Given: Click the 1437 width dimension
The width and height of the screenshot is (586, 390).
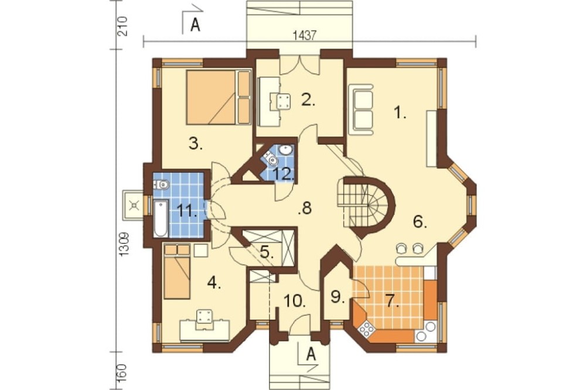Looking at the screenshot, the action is point(305,36).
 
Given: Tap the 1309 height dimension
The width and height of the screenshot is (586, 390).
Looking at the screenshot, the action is point(124,244).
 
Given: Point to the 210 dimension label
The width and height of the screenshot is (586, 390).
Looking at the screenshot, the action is point(123,26).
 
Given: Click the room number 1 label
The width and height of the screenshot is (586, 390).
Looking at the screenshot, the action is point(400,112).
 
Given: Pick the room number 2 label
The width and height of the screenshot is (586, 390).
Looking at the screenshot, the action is point(308,100).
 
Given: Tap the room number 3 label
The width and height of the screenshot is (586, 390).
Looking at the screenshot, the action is point(196,144).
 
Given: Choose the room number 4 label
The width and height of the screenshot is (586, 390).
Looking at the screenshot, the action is point(214,283).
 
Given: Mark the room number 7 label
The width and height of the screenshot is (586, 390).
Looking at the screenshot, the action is point(391,301).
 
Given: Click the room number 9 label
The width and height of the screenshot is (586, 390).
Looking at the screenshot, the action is point(338,297).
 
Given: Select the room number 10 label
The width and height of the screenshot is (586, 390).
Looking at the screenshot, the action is point(295,300).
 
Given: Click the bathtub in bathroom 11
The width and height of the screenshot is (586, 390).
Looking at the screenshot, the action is point(161,218).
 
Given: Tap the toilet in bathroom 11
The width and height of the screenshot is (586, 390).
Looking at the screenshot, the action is point(162,184).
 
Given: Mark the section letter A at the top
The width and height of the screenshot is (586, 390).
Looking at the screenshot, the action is point(195,25).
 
